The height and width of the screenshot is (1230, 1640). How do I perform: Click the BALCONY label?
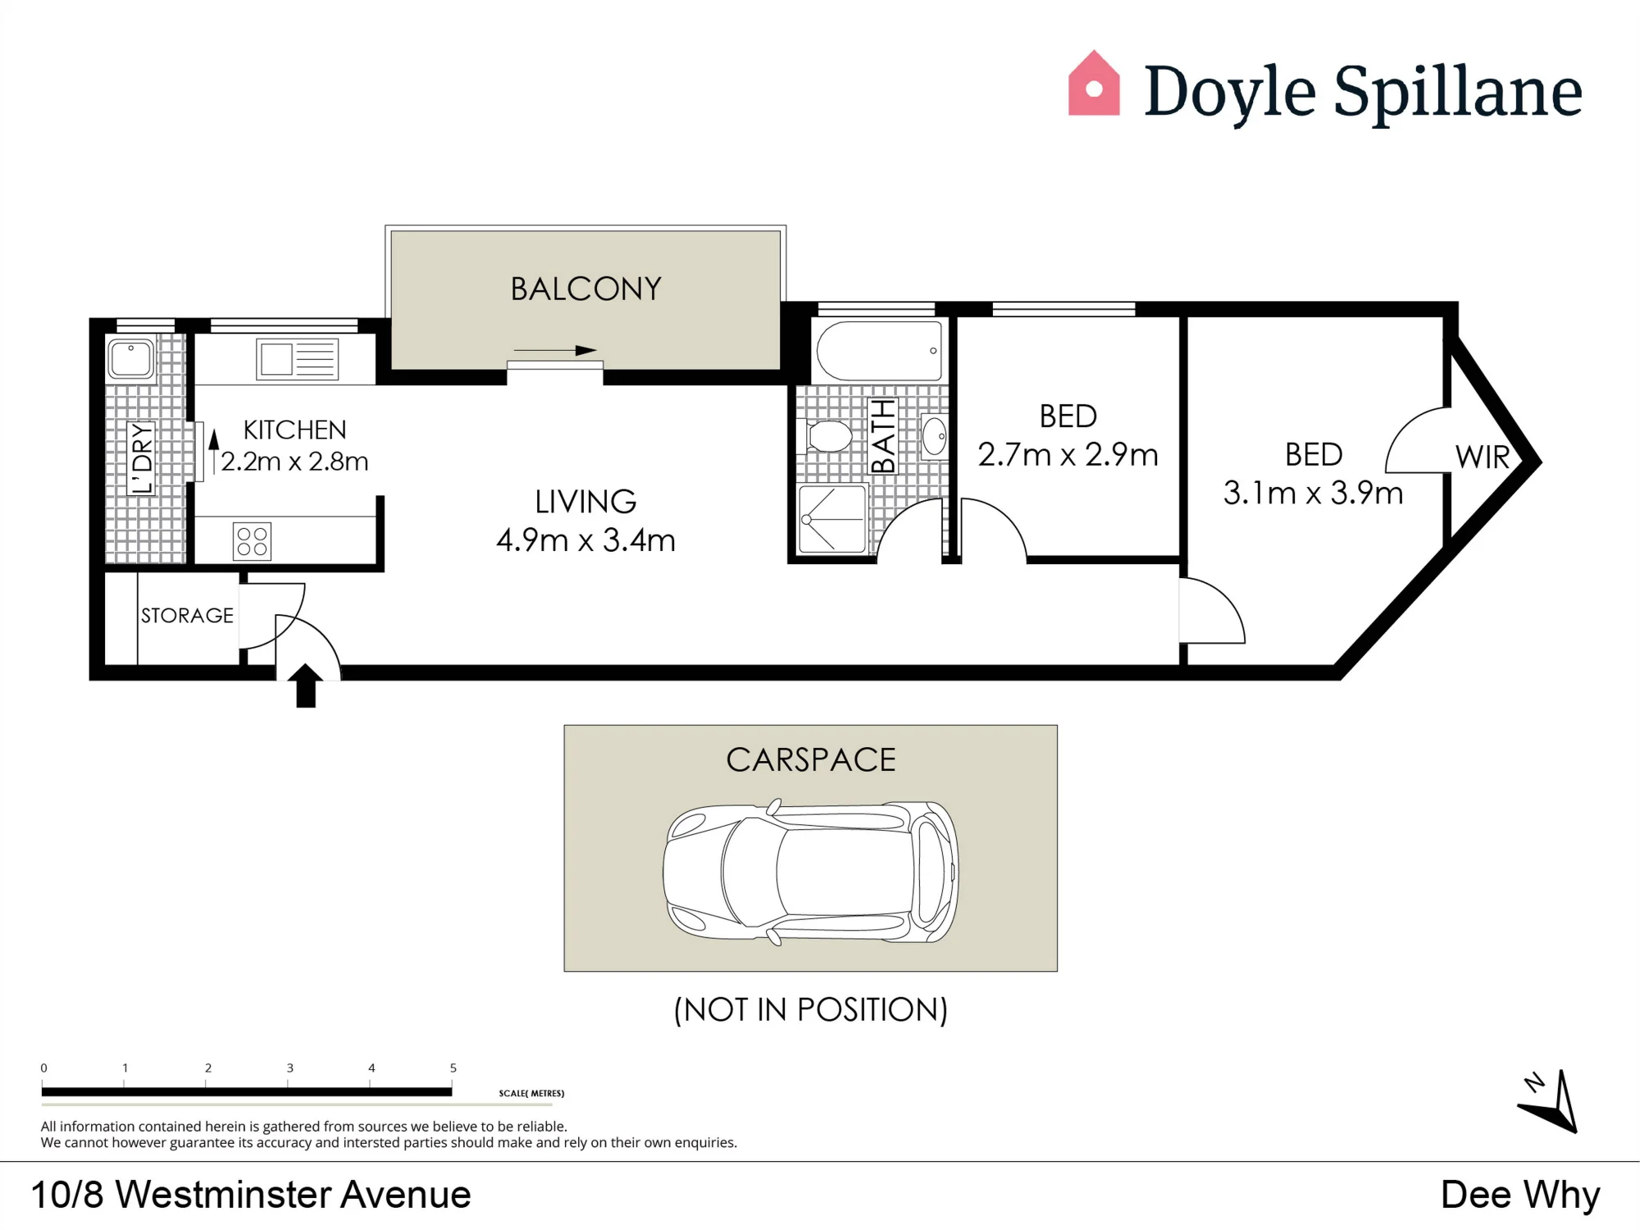(585, 289)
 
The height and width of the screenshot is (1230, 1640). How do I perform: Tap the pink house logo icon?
(1094, 84)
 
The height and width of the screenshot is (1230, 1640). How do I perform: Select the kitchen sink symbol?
(297, 359)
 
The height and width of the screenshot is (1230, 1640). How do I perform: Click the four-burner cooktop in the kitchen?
(252, 541)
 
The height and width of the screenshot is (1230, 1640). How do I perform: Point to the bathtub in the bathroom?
(879, 351)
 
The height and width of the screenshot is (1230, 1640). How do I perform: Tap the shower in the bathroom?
(832, 519)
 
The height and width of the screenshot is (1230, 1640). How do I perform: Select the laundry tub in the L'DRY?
(130, 359)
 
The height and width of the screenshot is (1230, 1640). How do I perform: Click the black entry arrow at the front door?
(306, 686)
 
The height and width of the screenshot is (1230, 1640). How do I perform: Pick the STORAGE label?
(187, 615)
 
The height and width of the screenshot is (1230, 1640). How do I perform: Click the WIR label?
(1483, 457)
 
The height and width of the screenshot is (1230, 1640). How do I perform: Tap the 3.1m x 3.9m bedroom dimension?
(1313, 493)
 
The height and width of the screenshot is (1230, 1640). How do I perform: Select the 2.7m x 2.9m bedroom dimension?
(1068, 454)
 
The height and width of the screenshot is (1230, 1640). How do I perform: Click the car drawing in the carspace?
(810, 872)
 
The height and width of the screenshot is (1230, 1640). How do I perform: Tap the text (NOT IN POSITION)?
(810, 1009)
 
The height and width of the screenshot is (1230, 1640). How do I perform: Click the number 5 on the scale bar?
(453, 1068)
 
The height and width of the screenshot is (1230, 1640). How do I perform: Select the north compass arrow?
(1550, 1103)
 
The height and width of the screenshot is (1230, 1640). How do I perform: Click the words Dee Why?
(1520, 1195)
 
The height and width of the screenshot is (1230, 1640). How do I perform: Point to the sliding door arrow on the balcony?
(555, 351)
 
